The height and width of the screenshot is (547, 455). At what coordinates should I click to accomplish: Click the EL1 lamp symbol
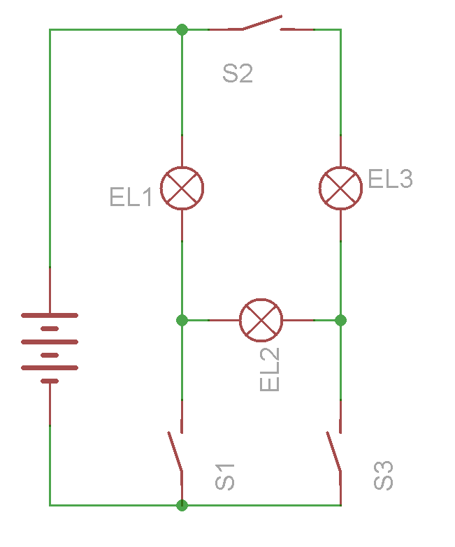click(182, 189)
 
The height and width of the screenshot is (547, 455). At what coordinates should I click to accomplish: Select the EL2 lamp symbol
click(261, 320)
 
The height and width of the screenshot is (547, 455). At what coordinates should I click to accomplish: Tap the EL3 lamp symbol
click(340, 189)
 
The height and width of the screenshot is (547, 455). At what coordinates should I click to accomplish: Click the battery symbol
click(50, 348)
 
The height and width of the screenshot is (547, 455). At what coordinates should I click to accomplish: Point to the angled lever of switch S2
click(262, 22)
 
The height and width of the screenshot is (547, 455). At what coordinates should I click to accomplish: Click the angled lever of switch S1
click(175, 451)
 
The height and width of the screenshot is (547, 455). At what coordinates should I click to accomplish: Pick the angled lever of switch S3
click(333, 451)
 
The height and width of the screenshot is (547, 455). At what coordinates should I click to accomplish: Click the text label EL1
click(131, 197)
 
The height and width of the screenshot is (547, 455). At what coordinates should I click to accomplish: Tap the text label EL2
click(270, 370)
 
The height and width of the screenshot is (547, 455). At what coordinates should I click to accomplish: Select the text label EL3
click(391, 179)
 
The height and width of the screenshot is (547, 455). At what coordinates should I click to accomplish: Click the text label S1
click(225, 477)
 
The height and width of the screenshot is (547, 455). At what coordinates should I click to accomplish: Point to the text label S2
click(238, 73)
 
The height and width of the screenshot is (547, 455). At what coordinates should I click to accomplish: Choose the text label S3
click(384, 476)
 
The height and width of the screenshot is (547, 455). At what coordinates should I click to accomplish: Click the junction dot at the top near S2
click(182, 29)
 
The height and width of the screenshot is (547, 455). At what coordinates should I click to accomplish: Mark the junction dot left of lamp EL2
click(182, 320)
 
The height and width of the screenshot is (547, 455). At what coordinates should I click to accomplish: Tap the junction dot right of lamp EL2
click(340, 320)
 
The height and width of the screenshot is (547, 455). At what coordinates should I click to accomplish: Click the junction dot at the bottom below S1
click(182, 505)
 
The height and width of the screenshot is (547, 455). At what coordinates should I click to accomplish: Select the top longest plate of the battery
click(50, 315)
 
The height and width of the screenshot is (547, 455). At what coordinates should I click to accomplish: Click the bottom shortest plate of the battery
click(50, 381)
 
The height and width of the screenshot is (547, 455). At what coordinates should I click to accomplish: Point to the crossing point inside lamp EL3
click(340, 189)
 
